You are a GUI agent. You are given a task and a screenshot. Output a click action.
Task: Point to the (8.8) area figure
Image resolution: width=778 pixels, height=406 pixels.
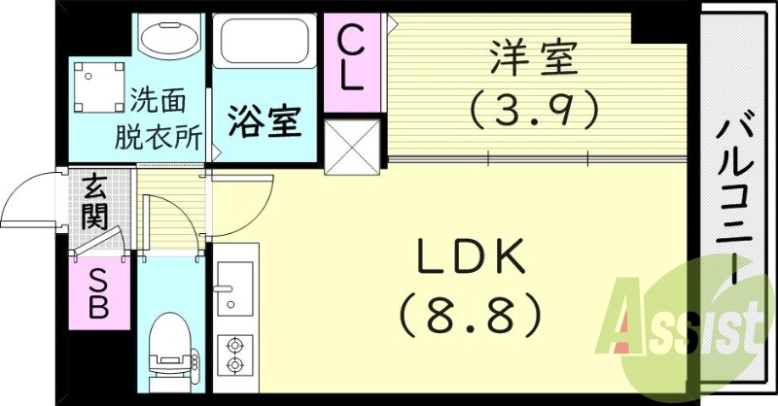click(472, 313)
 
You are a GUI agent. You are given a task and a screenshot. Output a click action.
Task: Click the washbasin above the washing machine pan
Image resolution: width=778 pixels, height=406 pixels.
click(166, 39)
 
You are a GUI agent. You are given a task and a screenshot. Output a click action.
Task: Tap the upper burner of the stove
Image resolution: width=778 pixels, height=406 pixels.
click(233, 343)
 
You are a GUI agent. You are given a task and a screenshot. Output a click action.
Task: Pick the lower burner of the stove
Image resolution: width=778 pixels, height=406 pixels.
click(233, 364)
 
